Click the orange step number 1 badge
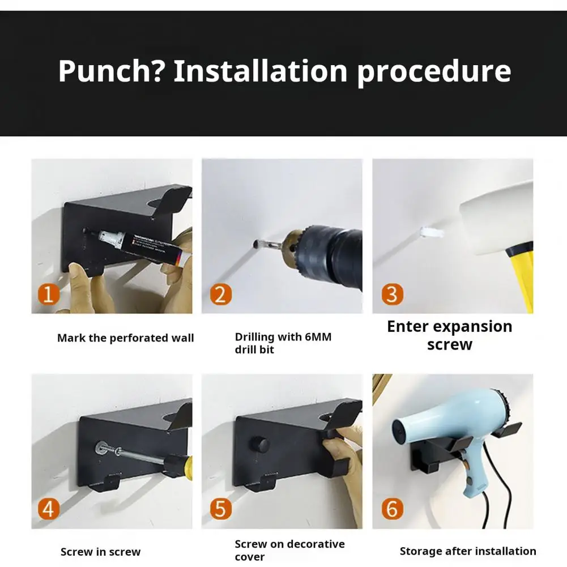49,295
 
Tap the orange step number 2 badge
220,295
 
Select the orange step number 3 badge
393,295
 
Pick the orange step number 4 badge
49,509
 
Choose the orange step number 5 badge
220,509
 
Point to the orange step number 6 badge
393,509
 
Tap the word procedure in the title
434,71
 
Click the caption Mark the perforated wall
126,338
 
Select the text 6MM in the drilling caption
318,337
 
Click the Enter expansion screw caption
450,335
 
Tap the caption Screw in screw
100,552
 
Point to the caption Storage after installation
468,551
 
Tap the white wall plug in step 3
432,232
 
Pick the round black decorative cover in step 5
259,444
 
